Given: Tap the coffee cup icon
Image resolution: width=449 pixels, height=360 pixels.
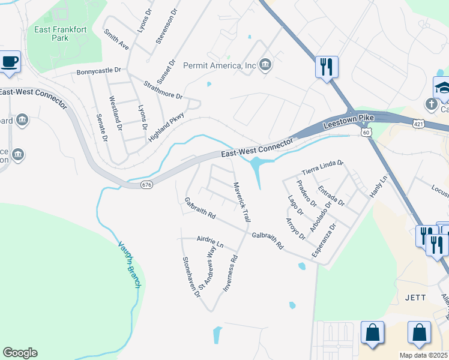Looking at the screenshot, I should (10, 62).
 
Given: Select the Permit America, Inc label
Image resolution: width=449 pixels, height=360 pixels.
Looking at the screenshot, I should (220, 65).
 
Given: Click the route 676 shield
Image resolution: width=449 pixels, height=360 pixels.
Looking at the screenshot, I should (146, 185).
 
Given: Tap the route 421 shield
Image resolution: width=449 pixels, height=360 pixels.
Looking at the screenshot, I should (418, 123).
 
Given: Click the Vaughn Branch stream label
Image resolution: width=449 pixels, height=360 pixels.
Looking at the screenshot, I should (128, 265).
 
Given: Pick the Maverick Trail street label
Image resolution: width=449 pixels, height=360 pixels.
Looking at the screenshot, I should (241, 203).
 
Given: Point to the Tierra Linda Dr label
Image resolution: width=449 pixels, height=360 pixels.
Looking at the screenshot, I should (322, 166).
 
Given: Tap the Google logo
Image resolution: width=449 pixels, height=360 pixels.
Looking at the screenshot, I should (20, 353).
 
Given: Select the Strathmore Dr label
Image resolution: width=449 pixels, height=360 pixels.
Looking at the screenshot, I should (162, 88).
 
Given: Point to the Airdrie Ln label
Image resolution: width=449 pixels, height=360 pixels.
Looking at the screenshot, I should (210, 242).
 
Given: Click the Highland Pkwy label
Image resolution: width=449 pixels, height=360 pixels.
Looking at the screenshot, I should (166, 128).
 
